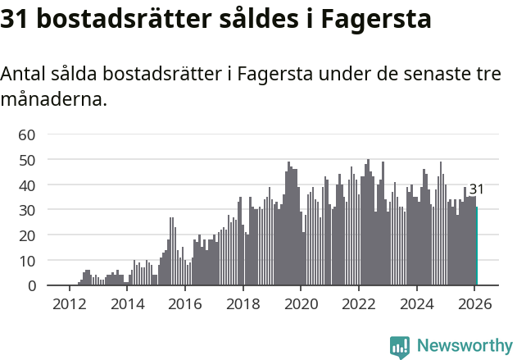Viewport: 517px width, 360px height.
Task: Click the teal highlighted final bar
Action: coord(477,246)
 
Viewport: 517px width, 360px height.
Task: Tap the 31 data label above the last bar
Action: coord(476,189)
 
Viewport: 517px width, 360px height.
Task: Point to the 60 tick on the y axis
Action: coord(27,134)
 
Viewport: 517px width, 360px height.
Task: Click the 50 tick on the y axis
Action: coord(27,160)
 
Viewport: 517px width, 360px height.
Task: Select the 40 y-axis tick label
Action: coord(27,185)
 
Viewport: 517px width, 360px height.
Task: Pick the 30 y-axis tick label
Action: coord(27,210)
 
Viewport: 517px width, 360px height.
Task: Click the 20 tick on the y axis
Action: coord(27,235)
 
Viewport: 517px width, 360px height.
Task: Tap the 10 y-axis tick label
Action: coord(27,261)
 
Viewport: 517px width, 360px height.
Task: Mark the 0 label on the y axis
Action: coord(32,286)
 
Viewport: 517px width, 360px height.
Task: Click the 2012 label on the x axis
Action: coord(69,304)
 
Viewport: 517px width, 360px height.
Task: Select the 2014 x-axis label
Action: coord(127,304)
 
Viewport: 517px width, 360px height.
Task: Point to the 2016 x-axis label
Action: coord(185,304)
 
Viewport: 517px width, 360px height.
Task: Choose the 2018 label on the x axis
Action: coord(243,304)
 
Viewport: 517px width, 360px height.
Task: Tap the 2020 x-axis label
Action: coord(301,304)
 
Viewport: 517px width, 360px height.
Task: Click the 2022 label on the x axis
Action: coord(359,304)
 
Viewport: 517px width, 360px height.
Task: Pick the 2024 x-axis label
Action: coord(417,304)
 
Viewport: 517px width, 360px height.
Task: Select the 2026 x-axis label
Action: coord(475,304)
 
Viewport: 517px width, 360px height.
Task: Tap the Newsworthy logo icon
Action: coord(400,347)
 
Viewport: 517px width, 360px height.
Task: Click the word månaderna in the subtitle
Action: coord(52,101)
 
